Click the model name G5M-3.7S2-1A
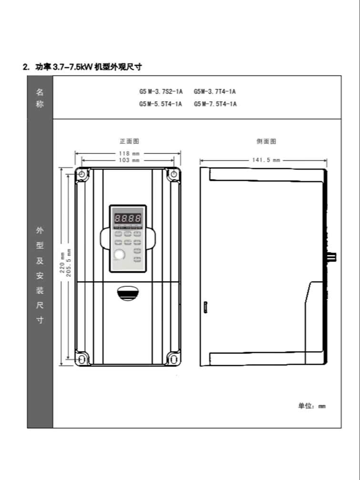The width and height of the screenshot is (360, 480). click(161, 92)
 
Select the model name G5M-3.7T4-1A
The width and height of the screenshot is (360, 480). click(215, 92)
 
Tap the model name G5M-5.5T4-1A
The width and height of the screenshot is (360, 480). click(161, 104)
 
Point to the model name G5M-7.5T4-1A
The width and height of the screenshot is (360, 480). click(215, 104)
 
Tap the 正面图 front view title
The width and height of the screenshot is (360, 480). click(129, 141)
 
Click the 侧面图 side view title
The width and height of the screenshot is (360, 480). click(266, 141)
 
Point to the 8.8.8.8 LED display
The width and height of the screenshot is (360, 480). click(127, 219)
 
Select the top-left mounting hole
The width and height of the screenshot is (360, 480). click(82, 175)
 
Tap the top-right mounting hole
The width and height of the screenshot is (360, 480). click(174, 175)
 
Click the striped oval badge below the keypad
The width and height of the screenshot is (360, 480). click(128, 293)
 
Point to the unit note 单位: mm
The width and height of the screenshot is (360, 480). click(312, 406)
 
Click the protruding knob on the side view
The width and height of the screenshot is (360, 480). click(332, 257)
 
